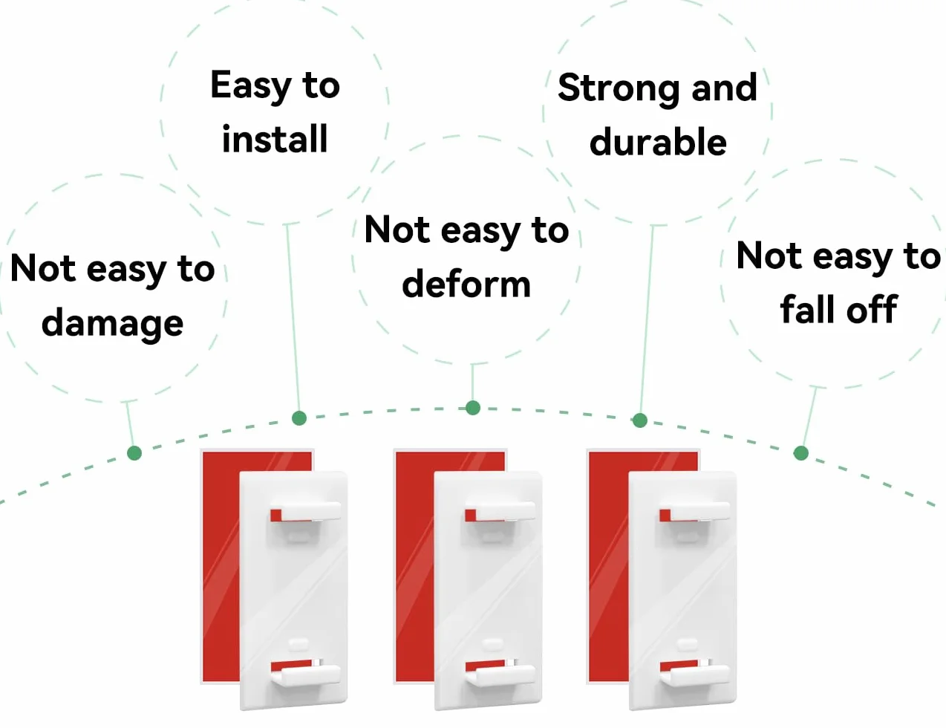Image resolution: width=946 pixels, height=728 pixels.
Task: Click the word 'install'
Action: coord(274,138)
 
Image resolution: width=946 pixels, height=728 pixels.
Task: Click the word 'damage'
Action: coord(112,324)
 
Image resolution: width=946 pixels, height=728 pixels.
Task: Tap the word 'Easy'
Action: coord(250,86)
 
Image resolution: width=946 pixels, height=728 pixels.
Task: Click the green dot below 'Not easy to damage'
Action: coord(134,453)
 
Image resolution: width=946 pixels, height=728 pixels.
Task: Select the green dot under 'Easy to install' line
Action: coord(299,418)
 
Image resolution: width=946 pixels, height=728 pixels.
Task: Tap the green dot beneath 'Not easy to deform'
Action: coord(473,408)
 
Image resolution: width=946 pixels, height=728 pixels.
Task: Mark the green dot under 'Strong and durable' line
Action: coord(639,420)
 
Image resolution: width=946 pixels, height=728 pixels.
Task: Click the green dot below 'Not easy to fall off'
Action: coord(801,453)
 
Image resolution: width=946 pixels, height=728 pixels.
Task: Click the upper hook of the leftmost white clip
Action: coord(306,511)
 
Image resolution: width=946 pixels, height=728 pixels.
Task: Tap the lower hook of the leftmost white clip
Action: coord(306,674)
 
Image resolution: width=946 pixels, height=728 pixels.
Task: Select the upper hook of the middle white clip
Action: coord(500,511)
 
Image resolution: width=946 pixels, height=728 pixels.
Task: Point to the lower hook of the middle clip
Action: coord(500,674)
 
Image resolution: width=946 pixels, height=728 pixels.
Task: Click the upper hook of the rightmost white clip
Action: coord(695,511)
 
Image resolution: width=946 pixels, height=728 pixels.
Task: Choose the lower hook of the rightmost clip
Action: coord(695,674)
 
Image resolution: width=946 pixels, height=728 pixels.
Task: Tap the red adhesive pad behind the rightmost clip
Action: coord(607,566)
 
